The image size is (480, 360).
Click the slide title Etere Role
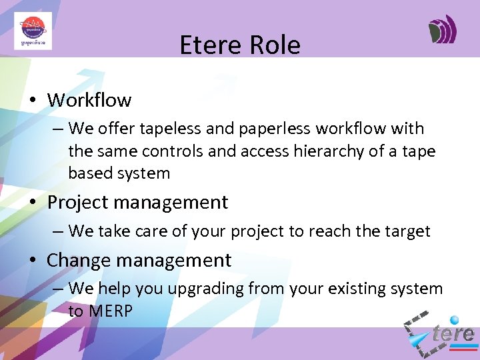[240, 45]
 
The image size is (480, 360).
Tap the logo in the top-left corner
[33, 31]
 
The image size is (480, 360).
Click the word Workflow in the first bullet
[89, 100]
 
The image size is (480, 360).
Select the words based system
[119, 173]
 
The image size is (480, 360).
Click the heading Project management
[137, 202]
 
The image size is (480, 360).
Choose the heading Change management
[139, 260]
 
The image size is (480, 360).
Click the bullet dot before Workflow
[31, 101]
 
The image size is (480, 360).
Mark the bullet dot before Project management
[31, 203]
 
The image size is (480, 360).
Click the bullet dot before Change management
[31, 261]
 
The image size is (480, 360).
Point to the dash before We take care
[57, 232]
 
